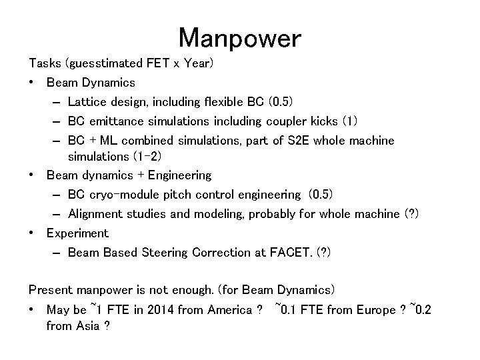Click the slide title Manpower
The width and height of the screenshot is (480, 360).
240,38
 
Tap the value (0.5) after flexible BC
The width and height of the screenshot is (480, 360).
279,102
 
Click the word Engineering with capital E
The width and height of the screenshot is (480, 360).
179,175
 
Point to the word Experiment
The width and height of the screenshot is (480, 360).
77,233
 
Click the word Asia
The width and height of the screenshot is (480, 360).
89,327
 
